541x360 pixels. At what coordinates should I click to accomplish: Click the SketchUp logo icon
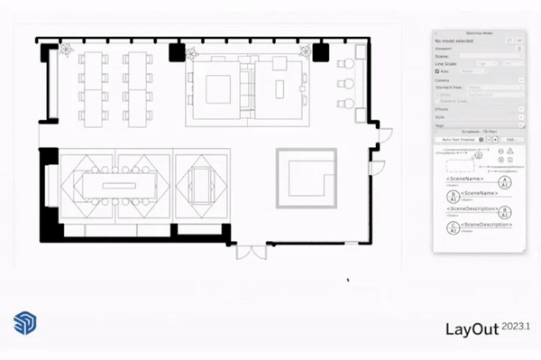click(24, 324)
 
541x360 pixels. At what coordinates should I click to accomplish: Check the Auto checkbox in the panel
click(437, 70)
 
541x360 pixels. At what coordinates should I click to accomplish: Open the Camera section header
click(443, 80)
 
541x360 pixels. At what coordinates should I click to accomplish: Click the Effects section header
click(443, 109)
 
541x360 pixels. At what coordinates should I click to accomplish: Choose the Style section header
click(441, 117)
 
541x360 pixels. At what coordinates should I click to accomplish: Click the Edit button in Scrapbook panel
click(509, 140)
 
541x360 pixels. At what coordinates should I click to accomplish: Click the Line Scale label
click(445, 63)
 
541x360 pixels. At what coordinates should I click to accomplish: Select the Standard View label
click(450, 88)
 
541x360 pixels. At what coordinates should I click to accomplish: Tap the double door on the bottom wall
click(245, 250)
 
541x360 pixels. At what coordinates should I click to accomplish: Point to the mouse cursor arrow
click(348, 280)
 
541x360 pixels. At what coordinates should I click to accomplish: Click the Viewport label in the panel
click(444, 49)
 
